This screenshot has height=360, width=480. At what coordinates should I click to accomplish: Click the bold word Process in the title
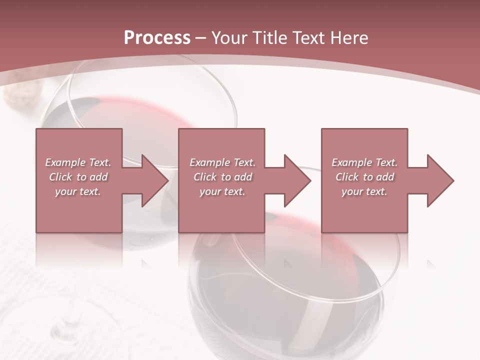point(157,37)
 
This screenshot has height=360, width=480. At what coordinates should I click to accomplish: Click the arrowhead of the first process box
point(152,180)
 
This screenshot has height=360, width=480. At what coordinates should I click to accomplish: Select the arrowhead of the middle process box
point(295,180)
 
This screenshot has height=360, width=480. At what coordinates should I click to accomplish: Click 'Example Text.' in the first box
point(78,162)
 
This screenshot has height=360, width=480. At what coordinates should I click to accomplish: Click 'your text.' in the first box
point(78,191)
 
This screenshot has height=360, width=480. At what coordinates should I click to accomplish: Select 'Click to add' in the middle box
point(222,177)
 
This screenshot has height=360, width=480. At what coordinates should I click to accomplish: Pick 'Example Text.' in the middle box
point(222,162)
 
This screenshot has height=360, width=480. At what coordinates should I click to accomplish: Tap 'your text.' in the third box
point(364,191)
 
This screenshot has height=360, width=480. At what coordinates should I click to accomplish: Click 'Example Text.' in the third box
point(364,162)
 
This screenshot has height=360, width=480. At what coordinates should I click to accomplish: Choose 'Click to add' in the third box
point(364,177)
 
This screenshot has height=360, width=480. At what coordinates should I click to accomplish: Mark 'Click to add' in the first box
point(78,177)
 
